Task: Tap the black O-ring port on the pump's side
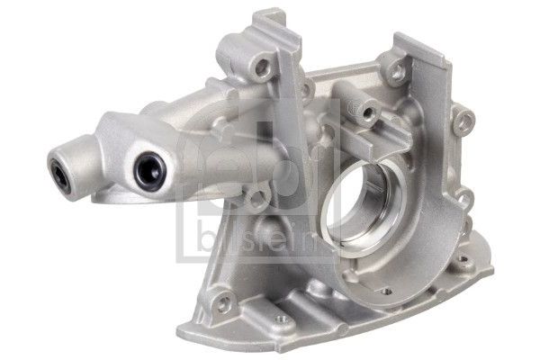[150, 170]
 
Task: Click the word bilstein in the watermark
[256, 238]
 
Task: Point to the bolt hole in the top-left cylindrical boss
[263, 66]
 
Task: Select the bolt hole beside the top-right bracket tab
[398, 70]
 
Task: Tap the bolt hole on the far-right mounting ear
[465, 120]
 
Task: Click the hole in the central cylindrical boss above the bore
[368, 112]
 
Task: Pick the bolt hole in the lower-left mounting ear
[224, 301]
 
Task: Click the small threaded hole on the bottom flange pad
[282, 319]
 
